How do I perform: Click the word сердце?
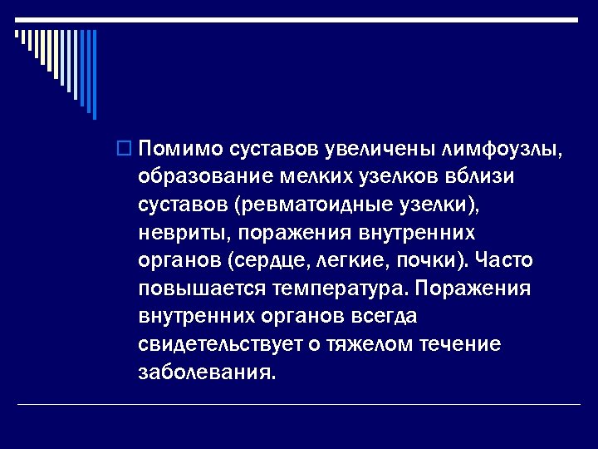point(269,260)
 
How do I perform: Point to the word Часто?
point(504,260)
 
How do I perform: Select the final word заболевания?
point(205,372)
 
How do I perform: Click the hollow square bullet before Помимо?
point(124,150)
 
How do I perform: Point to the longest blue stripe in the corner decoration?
point(94,75)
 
